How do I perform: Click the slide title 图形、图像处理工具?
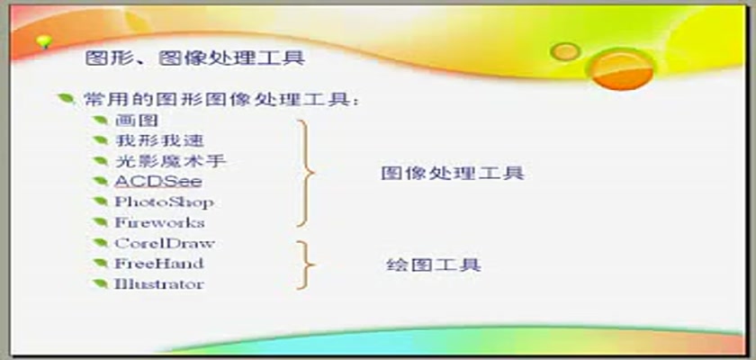point(195,58)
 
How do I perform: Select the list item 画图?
point(137,121)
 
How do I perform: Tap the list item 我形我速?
point(159,140)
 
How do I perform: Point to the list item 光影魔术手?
point(171,161)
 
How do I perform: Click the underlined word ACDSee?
point(158,182)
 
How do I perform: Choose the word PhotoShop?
point(164,202)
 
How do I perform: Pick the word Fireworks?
point(159,222)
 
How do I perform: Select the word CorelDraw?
point(165,243)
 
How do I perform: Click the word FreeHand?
point(159,264)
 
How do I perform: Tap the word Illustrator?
point(159,283)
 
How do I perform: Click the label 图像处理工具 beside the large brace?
point(452,174)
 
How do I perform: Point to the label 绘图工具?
point(434,265)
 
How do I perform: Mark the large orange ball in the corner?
point(622,69)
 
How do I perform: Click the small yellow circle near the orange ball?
point(565,51)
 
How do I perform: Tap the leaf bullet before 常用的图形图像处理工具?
point(66,99)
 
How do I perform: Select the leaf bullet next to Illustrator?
point(100,283)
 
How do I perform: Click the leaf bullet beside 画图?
point(100,120)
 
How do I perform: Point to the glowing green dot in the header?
point(44,42)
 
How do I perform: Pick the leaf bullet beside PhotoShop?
point(100,201)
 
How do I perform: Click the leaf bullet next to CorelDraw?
point(100,242)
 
